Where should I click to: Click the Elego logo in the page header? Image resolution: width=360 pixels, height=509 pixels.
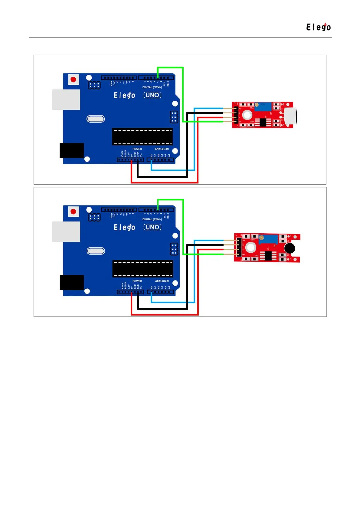tap(318, 27)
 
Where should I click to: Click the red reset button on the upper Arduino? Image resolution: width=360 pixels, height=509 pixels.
tap(73, 79)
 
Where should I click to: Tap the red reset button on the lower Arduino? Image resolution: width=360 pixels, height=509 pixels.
tap(73, 212)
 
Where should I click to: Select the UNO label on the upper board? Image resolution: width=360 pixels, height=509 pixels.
tap(152, 95)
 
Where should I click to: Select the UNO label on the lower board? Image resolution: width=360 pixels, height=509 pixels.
tap(152, 227)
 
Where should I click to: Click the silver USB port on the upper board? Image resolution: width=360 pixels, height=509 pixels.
tap(66, 99)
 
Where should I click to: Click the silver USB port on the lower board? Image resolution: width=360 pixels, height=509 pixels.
tap(66, 232)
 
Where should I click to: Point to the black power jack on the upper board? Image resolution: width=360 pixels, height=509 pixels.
tap(72, 151)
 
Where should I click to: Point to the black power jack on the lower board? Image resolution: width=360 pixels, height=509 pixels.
tap(72, 283)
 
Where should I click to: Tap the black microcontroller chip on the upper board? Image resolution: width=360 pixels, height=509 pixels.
tap(142, 137)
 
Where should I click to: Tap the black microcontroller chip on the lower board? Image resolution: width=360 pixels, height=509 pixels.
tap(142, 269)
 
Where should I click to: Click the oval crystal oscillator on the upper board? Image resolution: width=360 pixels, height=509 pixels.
tap(96, 119)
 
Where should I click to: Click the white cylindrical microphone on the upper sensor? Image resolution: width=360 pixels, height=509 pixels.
tap(290, 115)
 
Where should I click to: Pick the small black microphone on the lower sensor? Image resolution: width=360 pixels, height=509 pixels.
tap(290, 248)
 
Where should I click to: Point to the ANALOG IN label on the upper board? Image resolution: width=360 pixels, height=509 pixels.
tap(162, 149)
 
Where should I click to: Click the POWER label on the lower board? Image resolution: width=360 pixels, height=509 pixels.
tap(137, 281)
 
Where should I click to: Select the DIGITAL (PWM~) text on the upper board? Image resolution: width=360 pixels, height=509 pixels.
tap(152, 87)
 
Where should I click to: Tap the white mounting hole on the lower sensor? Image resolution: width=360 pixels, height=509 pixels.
tap(250, 248)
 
